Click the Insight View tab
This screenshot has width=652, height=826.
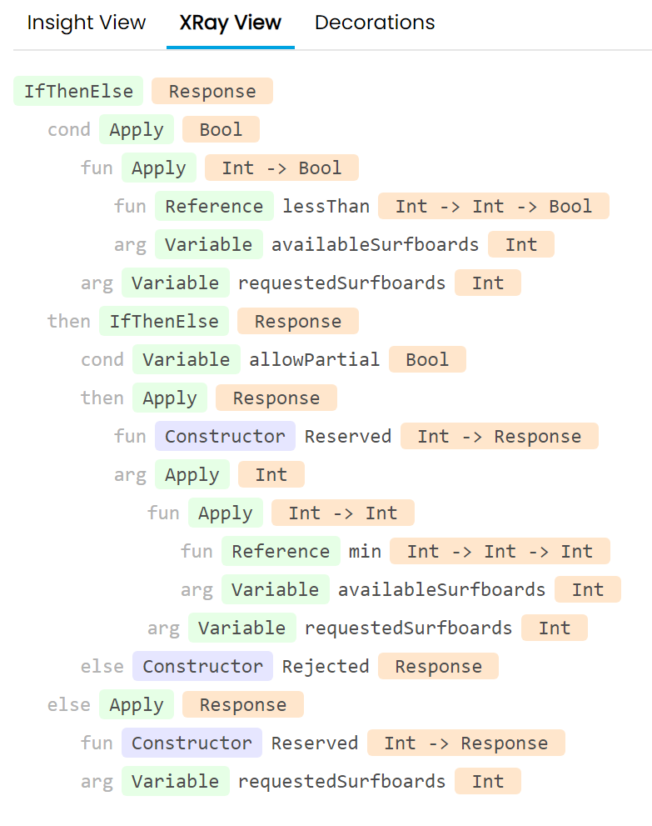click(x=87, y=23)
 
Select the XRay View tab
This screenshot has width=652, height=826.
click(x=231, y=23)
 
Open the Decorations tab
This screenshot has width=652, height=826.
click(x=375, y=23)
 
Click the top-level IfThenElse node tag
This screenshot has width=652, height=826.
click(x=78, y=92)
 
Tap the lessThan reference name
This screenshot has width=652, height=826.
click(x=326, y=207)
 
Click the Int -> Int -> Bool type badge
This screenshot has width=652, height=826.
click(x=494, y=207)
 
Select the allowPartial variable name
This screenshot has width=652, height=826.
click(x=314, y=360)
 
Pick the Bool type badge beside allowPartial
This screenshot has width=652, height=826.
click(x=427, y=360)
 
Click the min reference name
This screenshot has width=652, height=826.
click(x=365, y=552)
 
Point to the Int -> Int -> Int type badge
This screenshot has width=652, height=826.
click(x=500, y=552)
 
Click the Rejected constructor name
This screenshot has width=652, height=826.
click(x=326, y=667)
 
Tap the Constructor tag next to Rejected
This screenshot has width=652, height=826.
click(x=202, y=667)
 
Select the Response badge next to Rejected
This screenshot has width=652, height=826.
click(x=438, y=667)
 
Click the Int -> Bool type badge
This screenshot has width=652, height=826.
click(x=281, y=168)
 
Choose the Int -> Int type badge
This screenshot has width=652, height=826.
click(x=342, y=513)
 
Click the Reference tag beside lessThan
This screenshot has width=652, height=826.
click(x=214, y=207)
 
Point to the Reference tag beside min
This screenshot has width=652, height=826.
click(x=281, y=552)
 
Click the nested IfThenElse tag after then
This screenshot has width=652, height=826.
click(x=164, y=322)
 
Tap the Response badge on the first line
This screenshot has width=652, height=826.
click(x=212, y=92)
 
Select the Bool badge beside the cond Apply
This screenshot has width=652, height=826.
click(x=221, y=130)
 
